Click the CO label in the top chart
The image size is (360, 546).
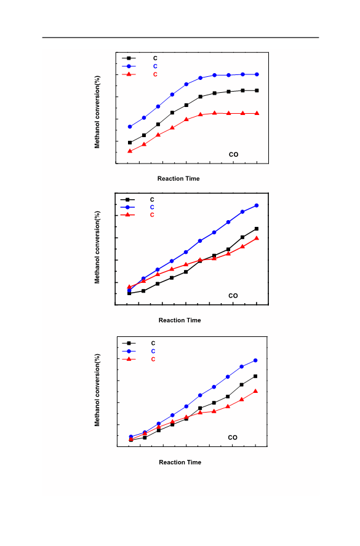[233, 154]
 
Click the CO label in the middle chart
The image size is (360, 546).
[233, 296]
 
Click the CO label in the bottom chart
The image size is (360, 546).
[233, 437]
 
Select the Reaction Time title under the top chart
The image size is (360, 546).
[178, 179]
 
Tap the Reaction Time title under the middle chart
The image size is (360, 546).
[180, 320]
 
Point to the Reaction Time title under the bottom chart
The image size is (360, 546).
[180, 462]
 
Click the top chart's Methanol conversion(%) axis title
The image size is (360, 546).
[97, 112]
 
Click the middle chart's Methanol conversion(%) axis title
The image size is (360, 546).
[97, 247]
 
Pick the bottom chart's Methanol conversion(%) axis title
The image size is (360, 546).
[97, 390]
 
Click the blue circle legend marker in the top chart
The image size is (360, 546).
[129, 66]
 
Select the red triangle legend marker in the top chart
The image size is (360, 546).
[129, 74]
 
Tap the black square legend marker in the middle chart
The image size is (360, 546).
[127, 200]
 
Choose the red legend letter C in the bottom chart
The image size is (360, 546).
[153, 359]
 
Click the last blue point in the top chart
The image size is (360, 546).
[257, 74]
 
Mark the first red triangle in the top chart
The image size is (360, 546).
[130, 151]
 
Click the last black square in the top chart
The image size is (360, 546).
[257, 90]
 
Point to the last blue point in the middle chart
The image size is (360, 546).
[257, 205]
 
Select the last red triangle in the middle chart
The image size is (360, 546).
[257, 238]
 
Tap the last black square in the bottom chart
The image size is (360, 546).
[255, 376]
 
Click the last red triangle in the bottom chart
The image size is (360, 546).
[255, 391]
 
